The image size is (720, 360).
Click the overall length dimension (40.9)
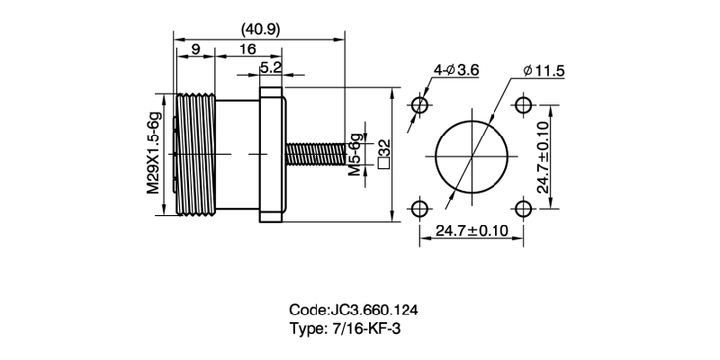(261, 29)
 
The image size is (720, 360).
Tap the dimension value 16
(248, 49)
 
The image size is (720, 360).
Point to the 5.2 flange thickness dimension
(271, 67)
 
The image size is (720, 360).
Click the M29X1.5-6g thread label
(153, 152)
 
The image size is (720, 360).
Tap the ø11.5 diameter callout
(542, 70)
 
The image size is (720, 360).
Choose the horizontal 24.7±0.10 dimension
(472, 231)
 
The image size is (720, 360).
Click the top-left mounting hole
(419, 104)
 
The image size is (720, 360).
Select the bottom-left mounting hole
(419, 209)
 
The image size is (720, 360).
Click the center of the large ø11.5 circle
(472, 157)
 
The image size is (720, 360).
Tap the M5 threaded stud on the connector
(315, 155)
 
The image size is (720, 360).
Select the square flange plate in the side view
(272, 154)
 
